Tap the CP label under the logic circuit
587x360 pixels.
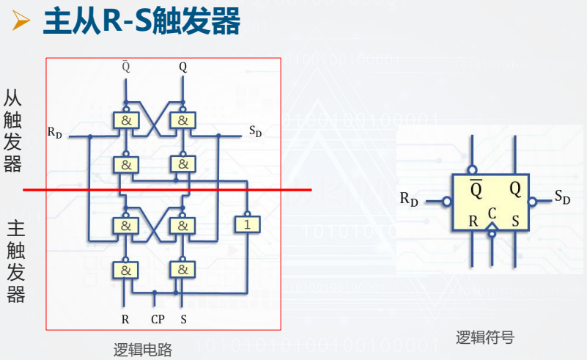pos(157,320)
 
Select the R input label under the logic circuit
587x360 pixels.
pos(125,320)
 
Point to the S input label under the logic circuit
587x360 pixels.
pos(182,320)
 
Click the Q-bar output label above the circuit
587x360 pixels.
pos(125,67)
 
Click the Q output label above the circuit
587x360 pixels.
pos(182,67)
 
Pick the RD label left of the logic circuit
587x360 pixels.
pos(55,132)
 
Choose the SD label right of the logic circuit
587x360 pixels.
pos(255,132)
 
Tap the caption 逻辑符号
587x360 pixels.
pos(484,337)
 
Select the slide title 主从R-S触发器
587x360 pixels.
pos(141,22)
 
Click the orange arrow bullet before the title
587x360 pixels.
pos(21,23)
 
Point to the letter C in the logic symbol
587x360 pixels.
pos(492,213)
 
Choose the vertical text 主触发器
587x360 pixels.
pos(15,261)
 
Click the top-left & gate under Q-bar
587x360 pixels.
pos(125,120)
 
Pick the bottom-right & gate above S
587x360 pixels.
pos(182,270)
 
